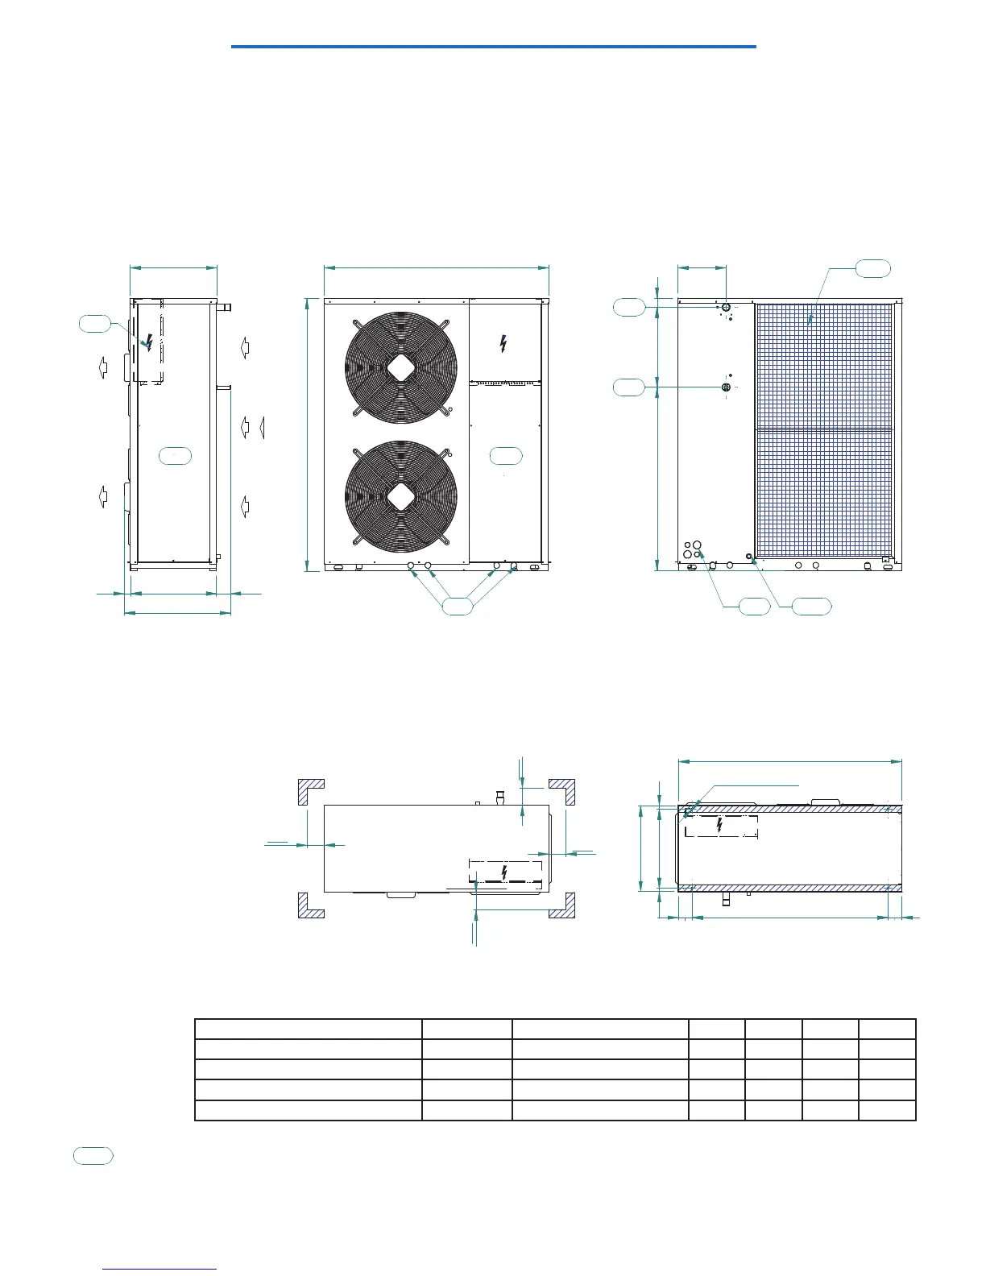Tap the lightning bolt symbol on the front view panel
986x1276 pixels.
pyautogui.click(x=503, y=344)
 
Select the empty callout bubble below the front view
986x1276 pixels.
pyautogui.click(x=458, y=607)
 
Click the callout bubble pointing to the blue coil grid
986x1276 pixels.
pyautogui.click(x=873, y=269)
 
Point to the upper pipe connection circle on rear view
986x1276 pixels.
pyautogui.click(x=727, y=307)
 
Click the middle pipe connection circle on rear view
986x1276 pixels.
pyautogui.click(x=726, y=387)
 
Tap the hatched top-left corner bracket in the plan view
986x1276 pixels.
pyautogui.click(x=311, y=792)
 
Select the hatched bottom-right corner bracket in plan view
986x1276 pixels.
pyautogui.click(x=561, y=905)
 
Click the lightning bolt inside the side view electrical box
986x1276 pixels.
pyautogui.click(x=149, y=342)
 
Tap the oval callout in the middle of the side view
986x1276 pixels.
pyautogui.click(x=175, y=455)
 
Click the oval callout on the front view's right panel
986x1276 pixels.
pyautogui.click(x=506, y=456)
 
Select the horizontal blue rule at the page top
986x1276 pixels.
pyautogui.click(x=493, y=47)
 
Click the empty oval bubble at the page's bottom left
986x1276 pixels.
pyautogui.click(x=93, y=1156)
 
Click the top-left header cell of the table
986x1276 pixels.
pyautogui.click(x=309, y=1029)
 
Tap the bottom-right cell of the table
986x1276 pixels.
pyautogui.click(x=887, y=1110)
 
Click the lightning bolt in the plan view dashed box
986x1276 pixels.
pyautogui.click(x=504, y=872)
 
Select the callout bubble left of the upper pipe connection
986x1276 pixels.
pyautogui.click(x=629, y=307)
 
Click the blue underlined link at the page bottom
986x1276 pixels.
pyautogui.click(x=160, y=1270)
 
